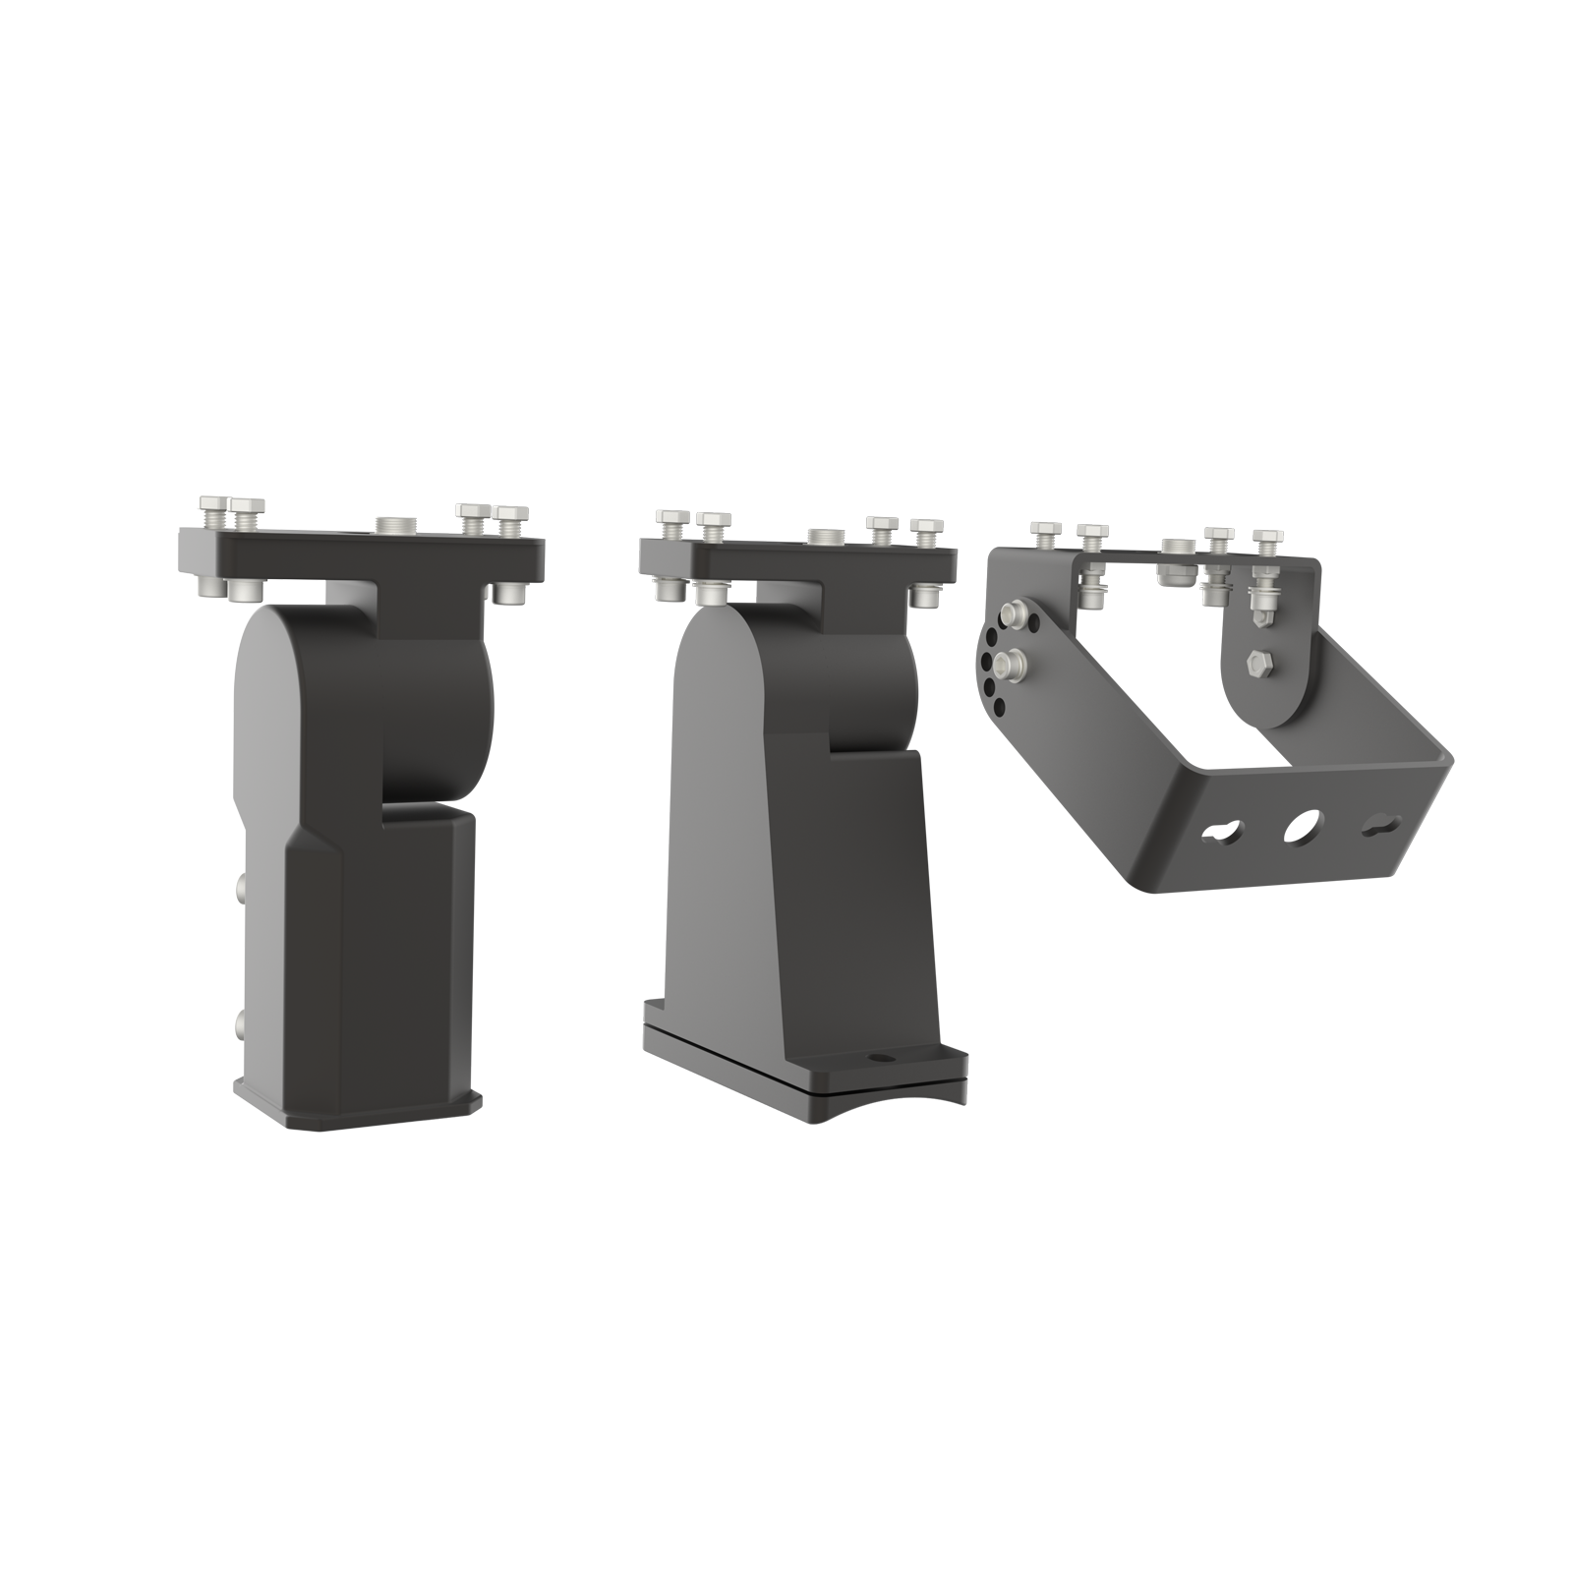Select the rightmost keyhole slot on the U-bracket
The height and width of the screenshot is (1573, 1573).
click(1380, 827)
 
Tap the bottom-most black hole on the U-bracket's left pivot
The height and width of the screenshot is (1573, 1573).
click(1000, 708)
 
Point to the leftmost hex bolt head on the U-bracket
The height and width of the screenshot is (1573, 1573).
click(1045, 531)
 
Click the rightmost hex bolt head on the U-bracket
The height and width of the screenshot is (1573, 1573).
click(1268, 538)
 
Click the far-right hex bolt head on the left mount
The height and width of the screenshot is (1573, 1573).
click(511, 515)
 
